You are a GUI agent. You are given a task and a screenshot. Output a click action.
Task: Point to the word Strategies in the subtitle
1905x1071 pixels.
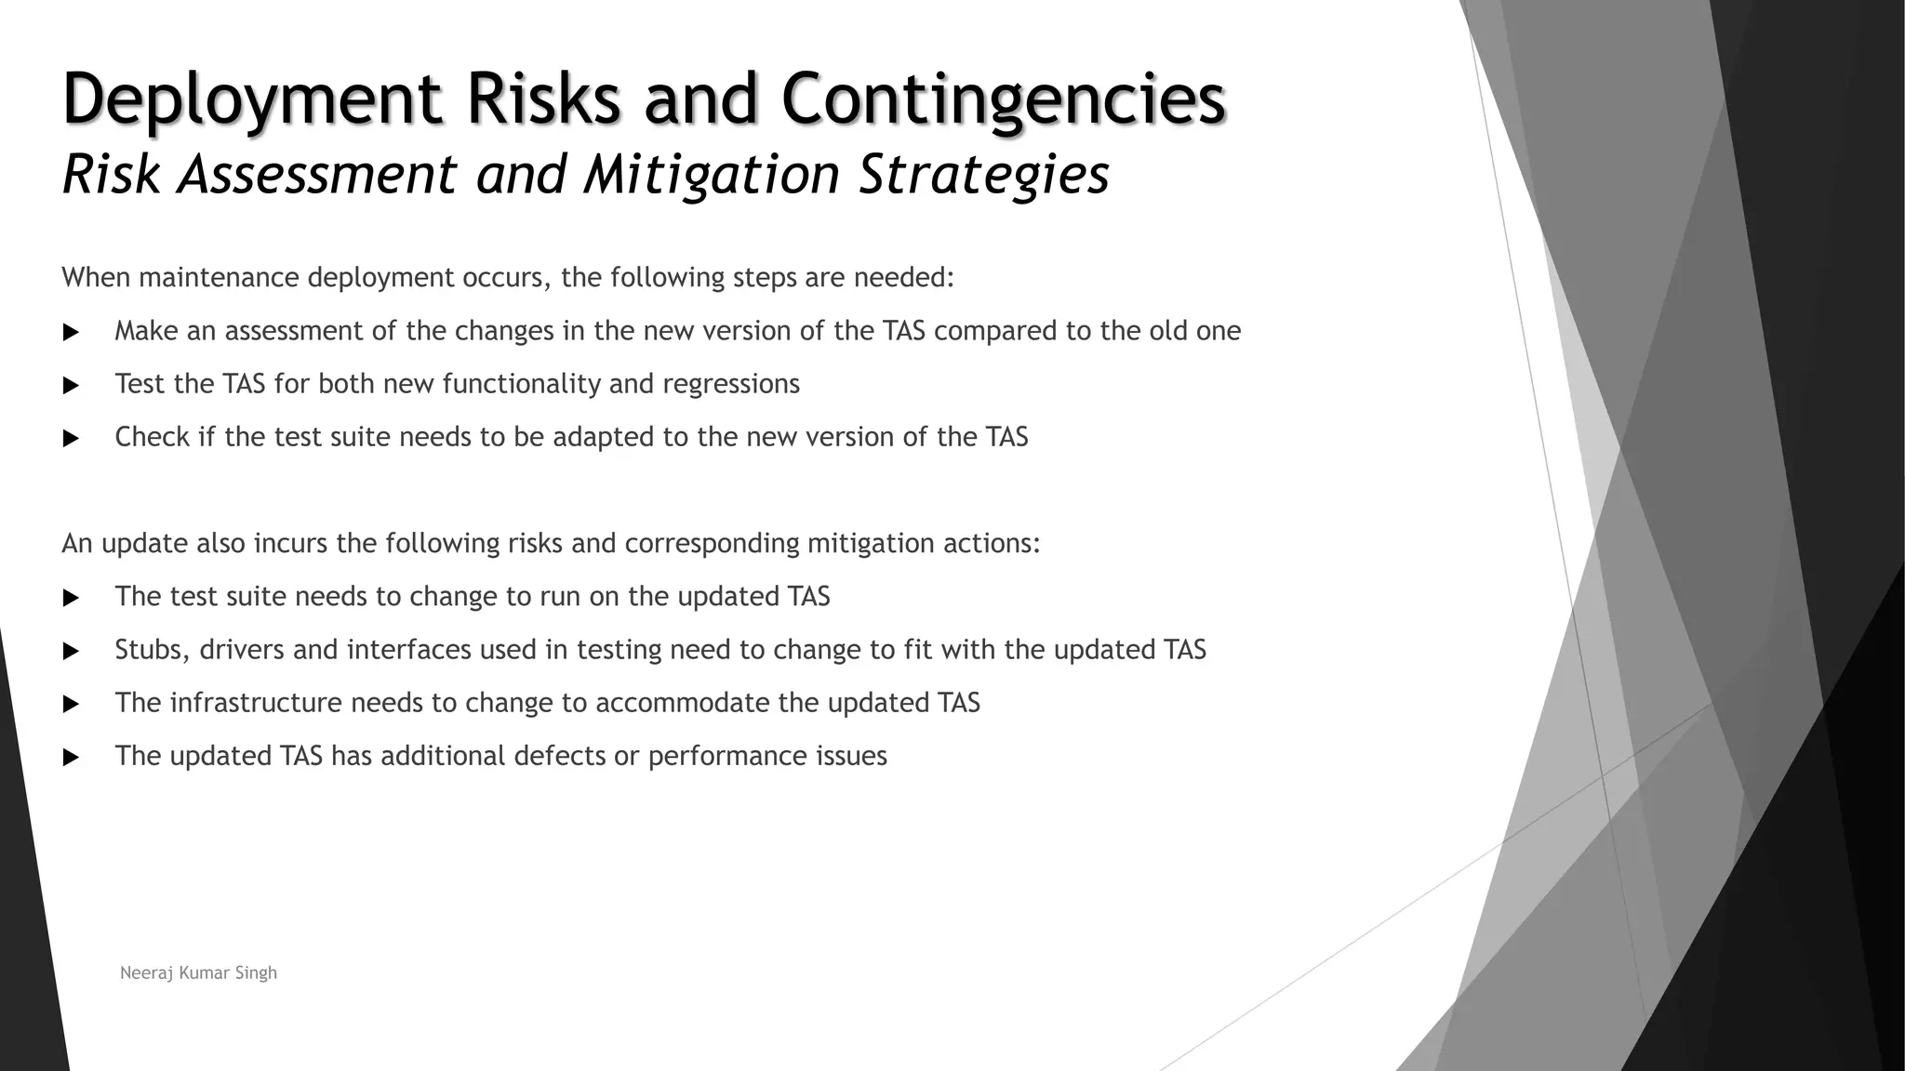(983, 175)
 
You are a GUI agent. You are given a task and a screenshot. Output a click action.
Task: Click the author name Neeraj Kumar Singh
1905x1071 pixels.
(198, 972)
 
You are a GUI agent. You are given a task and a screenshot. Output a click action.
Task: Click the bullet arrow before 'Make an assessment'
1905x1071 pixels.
(71, 332)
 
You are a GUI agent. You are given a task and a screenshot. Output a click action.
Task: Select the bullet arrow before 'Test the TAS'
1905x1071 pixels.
(71, 385)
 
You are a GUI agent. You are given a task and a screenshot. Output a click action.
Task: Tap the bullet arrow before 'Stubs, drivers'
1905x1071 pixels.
(71, 651)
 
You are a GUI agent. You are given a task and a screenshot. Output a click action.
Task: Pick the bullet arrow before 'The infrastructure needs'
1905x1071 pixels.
(71, 704)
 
